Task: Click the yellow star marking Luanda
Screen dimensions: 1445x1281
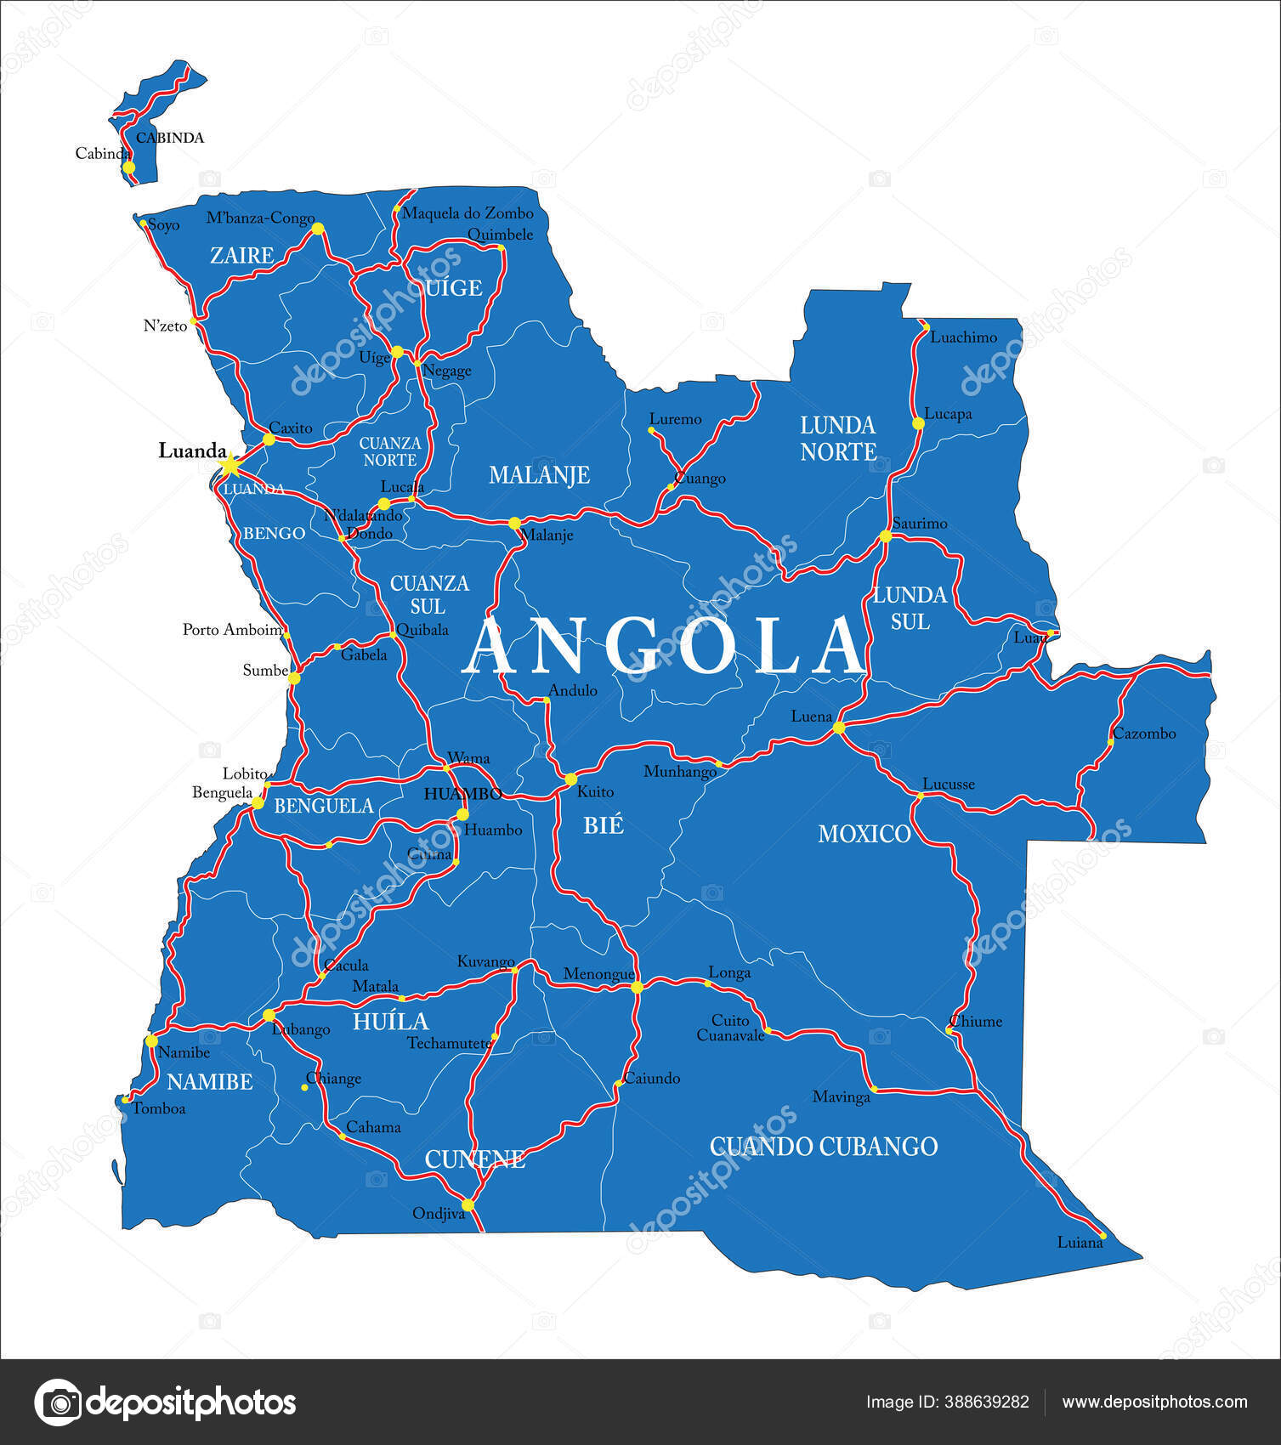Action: (x=230, y=465)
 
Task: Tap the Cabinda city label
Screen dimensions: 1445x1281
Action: (x=102, y=154)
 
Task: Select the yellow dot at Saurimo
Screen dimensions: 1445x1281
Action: (x=885, y=535)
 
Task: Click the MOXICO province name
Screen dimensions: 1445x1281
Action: (x=864, y=834)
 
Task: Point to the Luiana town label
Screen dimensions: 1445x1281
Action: (x=1080, y=1243)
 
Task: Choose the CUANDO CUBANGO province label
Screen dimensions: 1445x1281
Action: (x=823, y=1147)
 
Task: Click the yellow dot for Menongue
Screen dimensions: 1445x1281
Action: (x=637, y=987)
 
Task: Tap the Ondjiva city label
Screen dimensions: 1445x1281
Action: (x=439, y=1214)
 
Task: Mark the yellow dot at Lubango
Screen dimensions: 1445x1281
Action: (x=269, y=1015)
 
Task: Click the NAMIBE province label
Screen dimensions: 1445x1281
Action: (x=209, y=1082)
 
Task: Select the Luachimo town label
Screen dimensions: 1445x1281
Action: (x=963, y=337)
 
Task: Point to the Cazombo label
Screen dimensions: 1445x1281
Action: (x=1144, y=734)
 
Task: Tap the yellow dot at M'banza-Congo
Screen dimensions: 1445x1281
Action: (x=317, y=229)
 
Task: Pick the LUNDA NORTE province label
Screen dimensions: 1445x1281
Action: (x=837, y=439)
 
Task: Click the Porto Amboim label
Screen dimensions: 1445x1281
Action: (x=232, y=630)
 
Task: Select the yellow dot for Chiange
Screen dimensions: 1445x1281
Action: (x=304, y=1087)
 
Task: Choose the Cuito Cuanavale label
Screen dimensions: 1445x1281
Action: (x=730, y=1028)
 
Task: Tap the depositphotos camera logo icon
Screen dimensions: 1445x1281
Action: (x=59, y=1402)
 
